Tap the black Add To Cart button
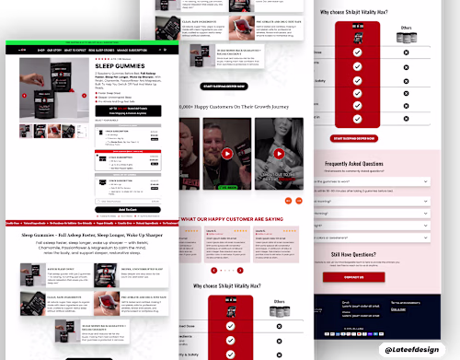click(x=128, y=209)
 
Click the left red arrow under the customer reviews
click(x=214, y=271)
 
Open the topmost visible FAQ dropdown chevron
click(x=429, y=180)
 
